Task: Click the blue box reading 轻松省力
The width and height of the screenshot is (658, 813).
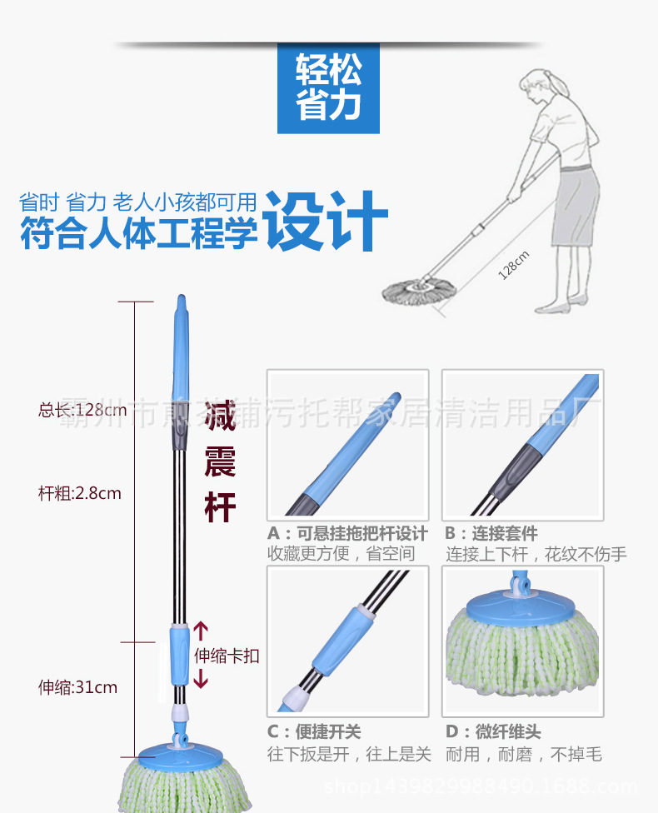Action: coord(328,87)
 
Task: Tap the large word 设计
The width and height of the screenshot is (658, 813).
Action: coord(327,221)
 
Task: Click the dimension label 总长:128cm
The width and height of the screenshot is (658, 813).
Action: coord(82,410)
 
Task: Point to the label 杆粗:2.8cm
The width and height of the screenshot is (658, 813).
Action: coord(80,493)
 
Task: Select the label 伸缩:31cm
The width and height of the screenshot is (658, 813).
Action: coord(77,687)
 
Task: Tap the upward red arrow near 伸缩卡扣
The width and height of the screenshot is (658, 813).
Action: coord(201,631)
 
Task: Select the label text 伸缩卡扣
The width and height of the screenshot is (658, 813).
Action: coord(227,656)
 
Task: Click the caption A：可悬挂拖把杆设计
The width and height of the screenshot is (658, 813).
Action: coord(347,534)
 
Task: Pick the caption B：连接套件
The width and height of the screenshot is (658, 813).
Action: coord(491,534)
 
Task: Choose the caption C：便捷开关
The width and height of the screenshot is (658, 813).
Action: coord(314,732)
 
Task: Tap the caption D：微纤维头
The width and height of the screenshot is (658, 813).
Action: coord(493,732)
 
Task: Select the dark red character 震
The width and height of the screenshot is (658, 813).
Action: coord(221,461)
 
